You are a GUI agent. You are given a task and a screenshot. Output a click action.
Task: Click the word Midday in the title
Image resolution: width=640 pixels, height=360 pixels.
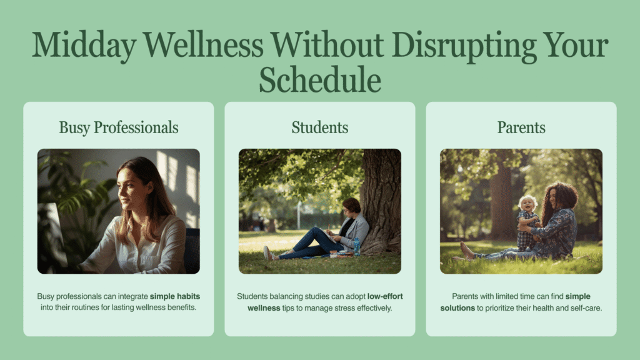coord(84,46)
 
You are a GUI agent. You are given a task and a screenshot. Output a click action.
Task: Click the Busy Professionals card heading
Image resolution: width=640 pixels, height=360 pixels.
coord(119,127)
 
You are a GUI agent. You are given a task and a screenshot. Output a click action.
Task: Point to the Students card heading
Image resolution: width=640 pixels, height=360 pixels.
coord(320,127)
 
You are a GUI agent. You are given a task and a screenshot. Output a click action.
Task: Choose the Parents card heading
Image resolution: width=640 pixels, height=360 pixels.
coord(521,127)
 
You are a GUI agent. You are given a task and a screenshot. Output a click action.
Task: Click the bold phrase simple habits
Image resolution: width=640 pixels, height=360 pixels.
coord(175,296)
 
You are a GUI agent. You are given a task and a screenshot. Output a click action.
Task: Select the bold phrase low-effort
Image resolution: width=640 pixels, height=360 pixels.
coord(385,296)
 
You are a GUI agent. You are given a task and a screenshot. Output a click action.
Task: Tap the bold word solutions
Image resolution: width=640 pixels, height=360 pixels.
coord(457,308)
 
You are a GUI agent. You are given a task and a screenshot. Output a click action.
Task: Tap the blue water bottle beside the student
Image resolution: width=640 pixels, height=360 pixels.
coord(357,246)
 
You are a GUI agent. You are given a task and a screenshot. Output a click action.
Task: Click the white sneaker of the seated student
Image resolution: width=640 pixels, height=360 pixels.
coord(268,253)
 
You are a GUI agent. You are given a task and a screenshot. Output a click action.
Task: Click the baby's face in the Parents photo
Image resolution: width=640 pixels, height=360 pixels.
coord(527,204)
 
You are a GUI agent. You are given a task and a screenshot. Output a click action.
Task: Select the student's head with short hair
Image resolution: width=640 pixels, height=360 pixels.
coord(351,206)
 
